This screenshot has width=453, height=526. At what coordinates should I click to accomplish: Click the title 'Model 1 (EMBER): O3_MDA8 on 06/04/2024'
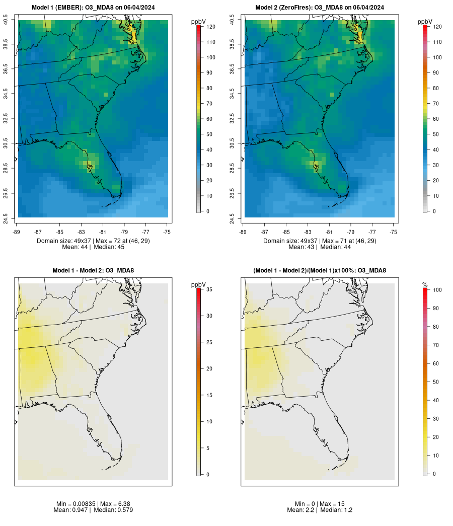93,7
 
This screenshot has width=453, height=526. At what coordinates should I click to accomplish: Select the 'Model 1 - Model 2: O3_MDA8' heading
93,271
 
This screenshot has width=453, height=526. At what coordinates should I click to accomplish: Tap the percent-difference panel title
320,271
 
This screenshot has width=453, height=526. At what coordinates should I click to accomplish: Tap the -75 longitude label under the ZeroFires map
394,232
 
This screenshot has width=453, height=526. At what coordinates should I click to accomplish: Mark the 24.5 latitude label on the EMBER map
6,217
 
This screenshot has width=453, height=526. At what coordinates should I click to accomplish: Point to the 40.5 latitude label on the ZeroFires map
233,20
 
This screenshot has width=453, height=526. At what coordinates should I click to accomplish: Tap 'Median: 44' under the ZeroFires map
338,247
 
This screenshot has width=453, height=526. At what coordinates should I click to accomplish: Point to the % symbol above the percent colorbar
425,285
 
